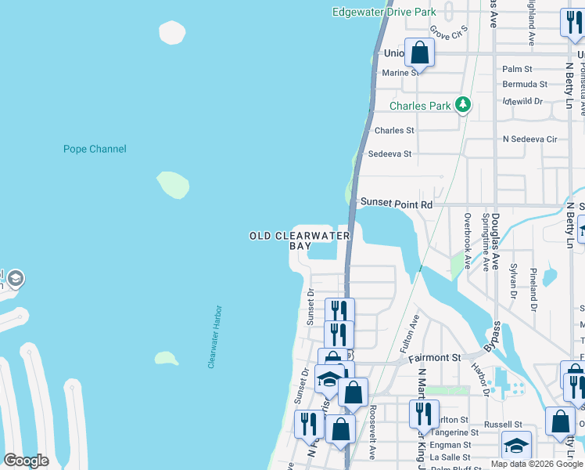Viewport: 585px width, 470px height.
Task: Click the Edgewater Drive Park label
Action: point(384,13)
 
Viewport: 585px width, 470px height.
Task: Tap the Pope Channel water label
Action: point(94,149)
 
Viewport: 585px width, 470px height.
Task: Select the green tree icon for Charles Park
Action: point(463,103)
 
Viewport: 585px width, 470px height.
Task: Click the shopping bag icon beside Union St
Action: point(420,53)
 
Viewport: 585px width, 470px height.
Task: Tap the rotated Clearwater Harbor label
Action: point(215,337)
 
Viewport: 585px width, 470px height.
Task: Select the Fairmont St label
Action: point(435,358)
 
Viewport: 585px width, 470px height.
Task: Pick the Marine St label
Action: point(400,73)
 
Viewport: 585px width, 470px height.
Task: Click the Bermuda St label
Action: point(524,84)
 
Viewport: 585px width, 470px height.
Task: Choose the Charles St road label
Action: point(394,130)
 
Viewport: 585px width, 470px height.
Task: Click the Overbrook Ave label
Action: point(467,241)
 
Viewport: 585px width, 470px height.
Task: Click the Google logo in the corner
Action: point(26,461)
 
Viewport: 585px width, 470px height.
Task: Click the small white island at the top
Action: point(172,32)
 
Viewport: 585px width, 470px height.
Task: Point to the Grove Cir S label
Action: point(448,33)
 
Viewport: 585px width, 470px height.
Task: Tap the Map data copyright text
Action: point(537,464)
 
